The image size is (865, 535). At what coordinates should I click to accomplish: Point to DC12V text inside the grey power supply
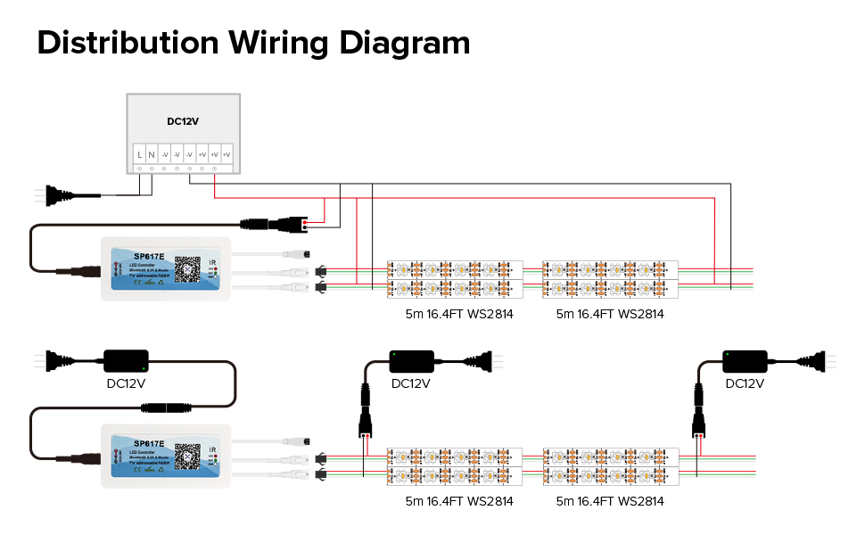pos(182,122)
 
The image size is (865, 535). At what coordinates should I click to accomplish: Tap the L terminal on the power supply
pos(140,156)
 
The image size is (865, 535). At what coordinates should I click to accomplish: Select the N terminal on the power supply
pos(152,156)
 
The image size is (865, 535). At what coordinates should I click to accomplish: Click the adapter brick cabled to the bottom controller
pos(126,361)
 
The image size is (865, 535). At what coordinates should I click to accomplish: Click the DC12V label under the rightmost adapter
pos(744,383)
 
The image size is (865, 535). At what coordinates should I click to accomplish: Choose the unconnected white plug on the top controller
pos(298,253)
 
